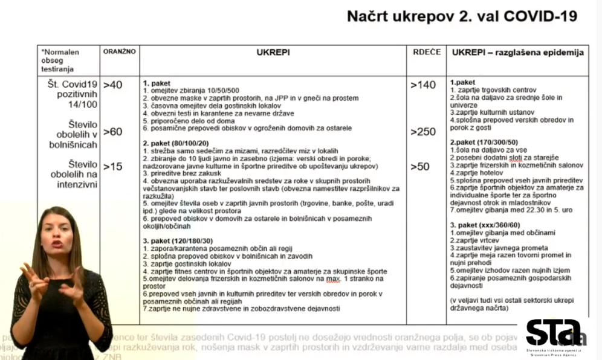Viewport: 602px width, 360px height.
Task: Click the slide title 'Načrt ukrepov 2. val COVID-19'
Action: [x=461, y=17]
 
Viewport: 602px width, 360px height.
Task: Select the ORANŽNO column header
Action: [x=119, y=53]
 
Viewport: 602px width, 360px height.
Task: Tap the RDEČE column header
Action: [x=426, y=53]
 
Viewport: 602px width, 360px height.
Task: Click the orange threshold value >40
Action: [x=112, y=85]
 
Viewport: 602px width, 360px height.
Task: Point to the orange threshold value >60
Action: [x=112, y=131]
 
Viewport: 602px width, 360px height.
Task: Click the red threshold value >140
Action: [x=423, y=85]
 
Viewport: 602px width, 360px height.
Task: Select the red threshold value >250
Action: [x=423, y=132]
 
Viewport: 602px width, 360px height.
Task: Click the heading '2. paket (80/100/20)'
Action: [x=176, y=143]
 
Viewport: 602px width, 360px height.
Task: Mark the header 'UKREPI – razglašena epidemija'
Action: [x=517, y=53]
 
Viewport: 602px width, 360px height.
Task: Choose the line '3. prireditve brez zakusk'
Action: [x=181, y=173]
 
